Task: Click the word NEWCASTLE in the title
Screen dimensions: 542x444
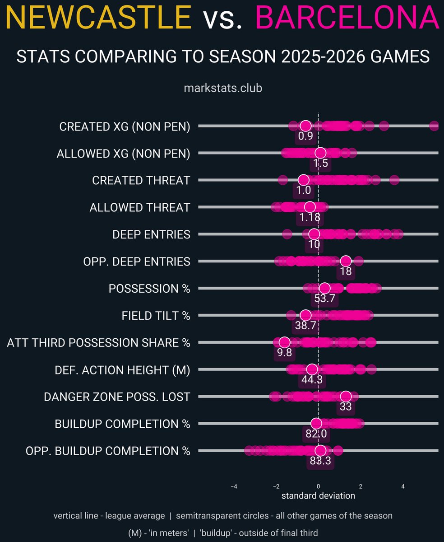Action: click(x=98, y=19)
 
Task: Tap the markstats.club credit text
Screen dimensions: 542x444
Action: click(x=223, y=88)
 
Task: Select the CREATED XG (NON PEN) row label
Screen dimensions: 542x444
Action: click(x=125, y=127)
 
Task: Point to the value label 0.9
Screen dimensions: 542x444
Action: click(x=305, y=136)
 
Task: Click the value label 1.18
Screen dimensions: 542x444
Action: click(x=310, y=217)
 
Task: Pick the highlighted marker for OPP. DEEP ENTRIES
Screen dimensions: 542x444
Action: click(x=346, y=261)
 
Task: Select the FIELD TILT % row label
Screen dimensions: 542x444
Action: click(x=156, y=316)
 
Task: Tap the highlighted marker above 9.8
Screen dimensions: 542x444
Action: click(x=284, y=342)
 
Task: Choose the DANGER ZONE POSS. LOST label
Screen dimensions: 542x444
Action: click(x=117, y=397)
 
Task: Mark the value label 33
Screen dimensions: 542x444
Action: click(x=346, y=406)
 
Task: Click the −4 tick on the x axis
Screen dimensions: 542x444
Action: click(x=234, y=486)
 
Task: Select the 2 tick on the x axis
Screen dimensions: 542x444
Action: click(x=361, y=486)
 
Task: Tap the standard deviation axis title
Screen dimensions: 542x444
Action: click(x=318, y=496)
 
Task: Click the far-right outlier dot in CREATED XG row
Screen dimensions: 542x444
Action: click(x=434, y=126)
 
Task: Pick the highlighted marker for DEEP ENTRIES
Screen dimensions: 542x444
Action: click(x=314, y=234)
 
